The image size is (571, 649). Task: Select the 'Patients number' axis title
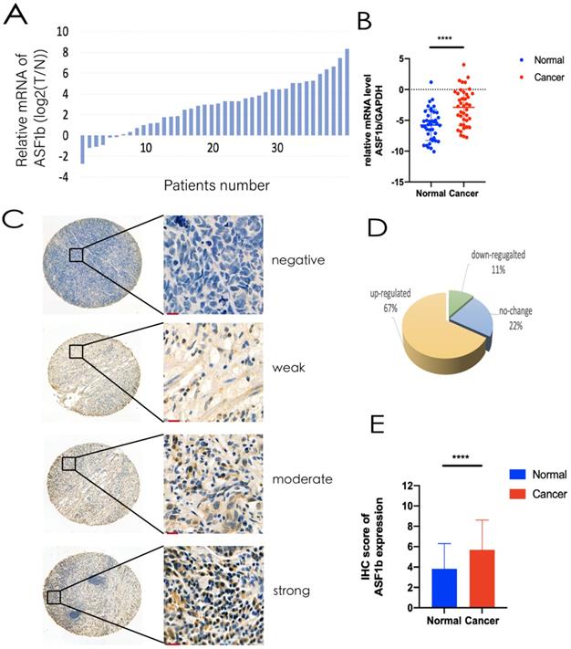[216, 185]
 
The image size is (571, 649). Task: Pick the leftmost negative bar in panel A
[83, 149]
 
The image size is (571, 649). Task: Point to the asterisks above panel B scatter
[446, 39]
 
